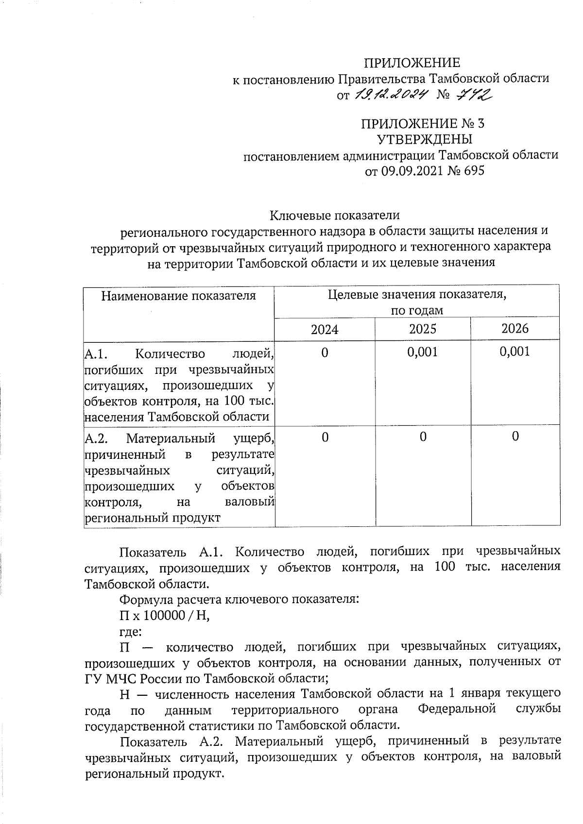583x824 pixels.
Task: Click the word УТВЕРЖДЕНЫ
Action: click(425, 140)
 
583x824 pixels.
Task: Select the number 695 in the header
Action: click(474, 171)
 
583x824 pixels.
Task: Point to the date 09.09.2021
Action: click(412, 171)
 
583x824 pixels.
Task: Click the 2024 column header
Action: click(325, 330)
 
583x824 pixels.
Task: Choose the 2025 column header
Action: click(423, 329)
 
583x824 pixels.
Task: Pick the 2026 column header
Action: click(515, 329)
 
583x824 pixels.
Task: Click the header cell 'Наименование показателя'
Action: click(178, 296)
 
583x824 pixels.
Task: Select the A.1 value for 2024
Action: click(325, 353)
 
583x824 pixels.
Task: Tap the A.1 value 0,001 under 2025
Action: click(423, 352)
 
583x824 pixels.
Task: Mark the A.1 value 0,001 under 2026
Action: click(515, 352)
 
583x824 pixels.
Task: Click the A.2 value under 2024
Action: click(325, 437)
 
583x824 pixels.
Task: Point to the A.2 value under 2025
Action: click(423, 437)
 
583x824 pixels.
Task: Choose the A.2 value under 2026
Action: click(515, 437)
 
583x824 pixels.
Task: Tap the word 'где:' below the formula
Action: click(131, 632)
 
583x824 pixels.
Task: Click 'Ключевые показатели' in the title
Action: click(335, 215)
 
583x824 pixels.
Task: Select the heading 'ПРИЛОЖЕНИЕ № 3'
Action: click(423, 124)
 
